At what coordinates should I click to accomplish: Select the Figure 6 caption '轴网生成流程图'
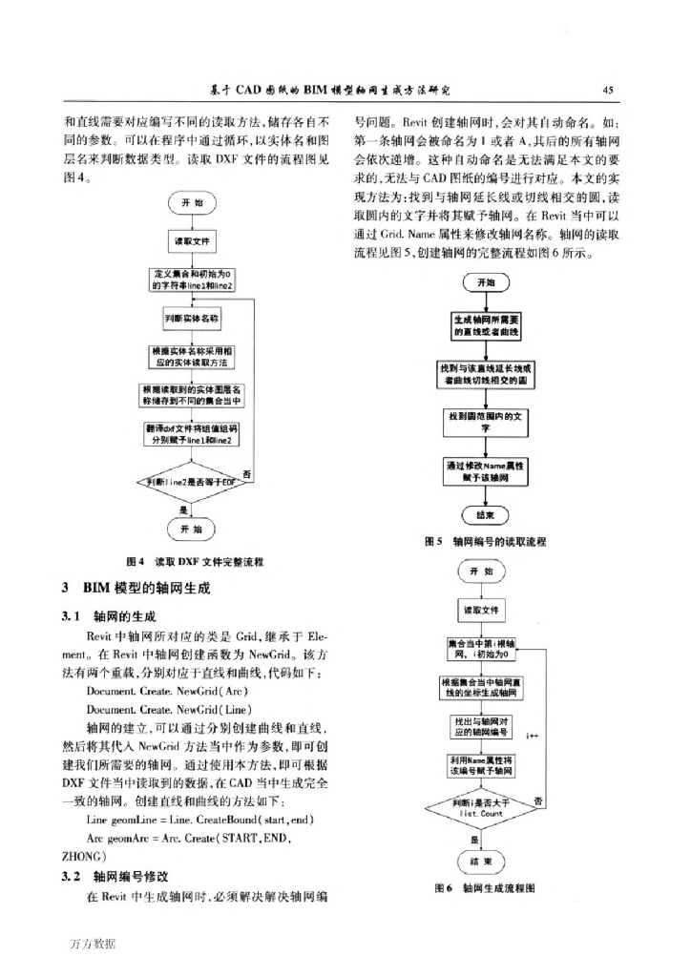click(x=486, y=887)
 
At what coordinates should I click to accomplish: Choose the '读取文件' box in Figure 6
click(x=482, y=610)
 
